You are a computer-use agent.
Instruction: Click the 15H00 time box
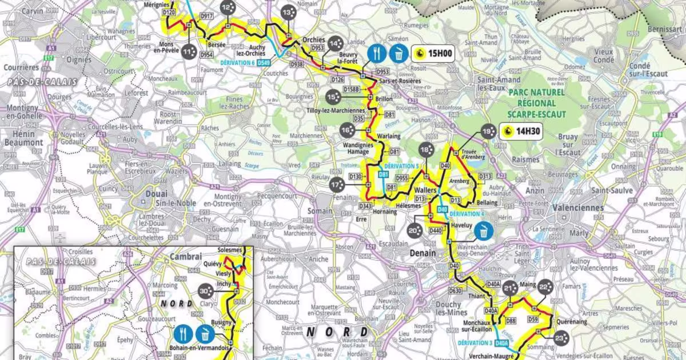(433, 54)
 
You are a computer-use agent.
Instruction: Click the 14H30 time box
(522, 131)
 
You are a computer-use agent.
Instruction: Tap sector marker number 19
(487, 131)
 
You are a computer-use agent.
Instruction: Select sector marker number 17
(337, 184)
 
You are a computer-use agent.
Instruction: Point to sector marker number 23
(560, 339)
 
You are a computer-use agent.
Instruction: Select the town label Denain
(424, 253)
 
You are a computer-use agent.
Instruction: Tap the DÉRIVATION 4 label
(467, 214)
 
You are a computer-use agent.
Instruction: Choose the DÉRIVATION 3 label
(474, 343)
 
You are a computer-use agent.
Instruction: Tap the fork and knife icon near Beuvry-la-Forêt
(375, 54)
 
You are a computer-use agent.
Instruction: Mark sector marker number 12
(226, 7)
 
